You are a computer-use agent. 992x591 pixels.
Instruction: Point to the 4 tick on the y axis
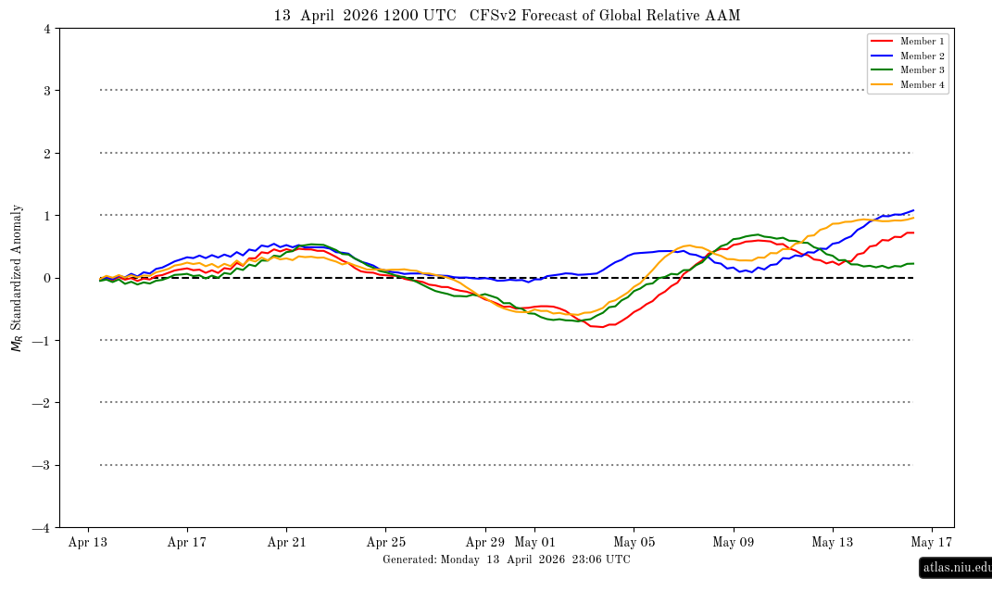tap(46, 29)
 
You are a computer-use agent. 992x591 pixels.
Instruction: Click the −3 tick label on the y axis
tap(43, 465)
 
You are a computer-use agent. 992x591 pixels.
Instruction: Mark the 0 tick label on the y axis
tap(46, 278)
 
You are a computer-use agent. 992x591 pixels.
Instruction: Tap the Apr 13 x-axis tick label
tap(87, 543)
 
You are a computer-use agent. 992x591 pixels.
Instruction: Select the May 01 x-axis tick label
tap(534, 543)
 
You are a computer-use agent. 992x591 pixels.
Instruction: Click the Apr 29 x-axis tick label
tap(484, 543)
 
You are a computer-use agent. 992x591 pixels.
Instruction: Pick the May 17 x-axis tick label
tap(932, 543)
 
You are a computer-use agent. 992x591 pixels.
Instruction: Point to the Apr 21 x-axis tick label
tap(286, 543)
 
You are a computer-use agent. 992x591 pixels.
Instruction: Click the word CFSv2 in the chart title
tap(496, 16)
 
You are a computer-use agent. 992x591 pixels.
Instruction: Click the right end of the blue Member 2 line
tap(913, 210)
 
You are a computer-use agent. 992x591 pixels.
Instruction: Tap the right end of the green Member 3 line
tap(913, 263)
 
